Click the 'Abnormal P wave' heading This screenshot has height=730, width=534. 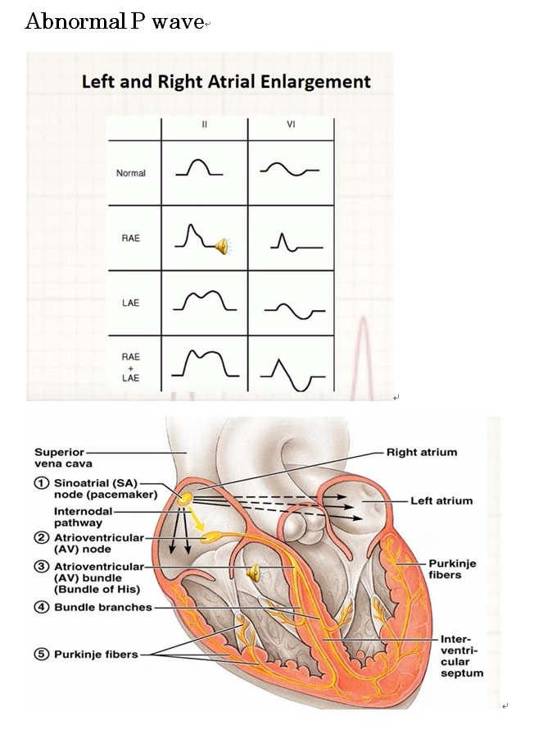click(115, 21)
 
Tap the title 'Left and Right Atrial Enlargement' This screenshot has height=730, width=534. click(226, 81)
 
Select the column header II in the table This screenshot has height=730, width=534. click(205, 125)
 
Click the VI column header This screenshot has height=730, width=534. click(291, 125)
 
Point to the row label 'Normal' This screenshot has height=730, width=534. click(130, 173)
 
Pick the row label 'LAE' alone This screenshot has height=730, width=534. click(130, 303)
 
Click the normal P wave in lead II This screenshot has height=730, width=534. click(199, 167)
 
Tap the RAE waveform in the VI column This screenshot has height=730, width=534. click(296, 243)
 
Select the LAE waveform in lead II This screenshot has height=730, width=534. click(205, 300)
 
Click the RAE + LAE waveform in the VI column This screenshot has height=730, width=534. click(292, 375)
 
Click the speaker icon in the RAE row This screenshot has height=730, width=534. click(223, 246)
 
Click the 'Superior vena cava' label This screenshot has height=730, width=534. click(63, 459)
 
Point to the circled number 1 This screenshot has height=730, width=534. click(42, 483)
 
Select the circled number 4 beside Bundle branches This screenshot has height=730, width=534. click(42, 607)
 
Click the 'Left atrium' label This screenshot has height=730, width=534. click(441, 501)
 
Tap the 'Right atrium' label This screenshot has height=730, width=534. click(422, 453)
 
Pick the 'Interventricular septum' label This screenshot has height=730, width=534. click(462, 656)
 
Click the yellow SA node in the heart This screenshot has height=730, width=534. click(184, 500)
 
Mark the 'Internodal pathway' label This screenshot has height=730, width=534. click(84, 517)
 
